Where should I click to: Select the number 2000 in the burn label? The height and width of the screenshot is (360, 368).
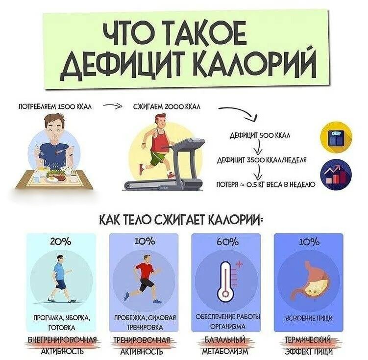coord(174,106)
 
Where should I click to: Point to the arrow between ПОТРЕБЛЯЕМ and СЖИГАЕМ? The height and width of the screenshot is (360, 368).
coord(113,106)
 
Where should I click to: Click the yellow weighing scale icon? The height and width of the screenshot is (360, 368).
coord(336,138)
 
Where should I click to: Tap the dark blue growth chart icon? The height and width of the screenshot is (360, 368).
coord(336,174)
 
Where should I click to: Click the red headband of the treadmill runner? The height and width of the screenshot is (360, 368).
coord(161,117)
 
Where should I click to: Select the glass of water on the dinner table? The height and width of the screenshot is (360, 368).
coord(37,179)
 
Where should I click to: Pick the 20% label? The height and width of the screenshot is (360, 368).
coord(61,242)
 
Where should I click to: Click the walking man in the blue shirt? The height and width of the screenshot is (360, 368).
coord(61,279)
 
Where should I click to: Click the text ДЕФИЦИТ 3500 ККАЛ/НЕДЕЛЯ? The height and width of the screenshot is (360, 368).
coord(262,160)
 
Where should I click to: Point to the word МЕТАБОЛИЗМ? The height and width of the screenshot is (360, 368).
coord(225,351)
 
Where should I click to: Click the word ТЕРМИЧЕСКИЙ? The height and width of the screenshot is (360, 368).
coord(308,340)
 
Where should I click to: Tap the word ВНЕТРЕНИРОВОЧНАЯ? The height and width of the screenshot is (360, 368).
coord(62,340)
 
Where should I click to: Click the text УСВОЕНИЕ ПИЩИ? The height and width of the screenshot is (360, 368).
coord(309,318)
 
